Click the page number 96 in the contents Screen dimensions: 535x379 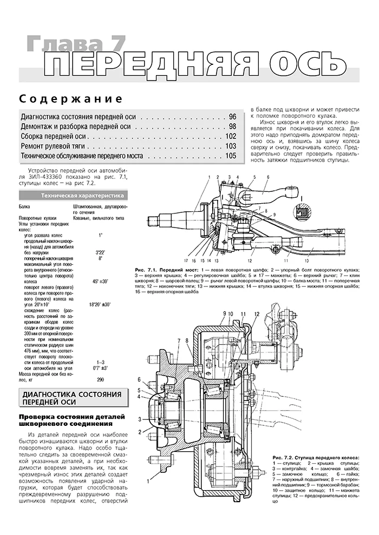pos(233,117)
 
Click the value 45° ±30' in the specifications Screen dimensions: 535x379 pos(100,282)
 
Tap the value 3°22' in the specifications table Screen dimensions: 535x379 pos(100,252)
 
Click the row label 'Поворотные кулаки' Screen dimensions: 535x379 pos(41,217)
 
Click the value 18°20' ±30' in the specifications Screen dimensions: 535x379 pos(100,305)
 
